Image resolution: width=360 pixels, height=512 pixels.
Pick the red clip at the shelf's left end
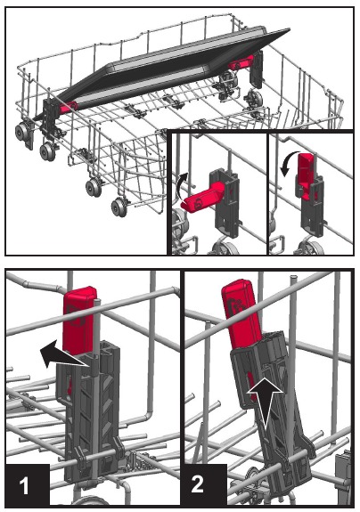point(70,104)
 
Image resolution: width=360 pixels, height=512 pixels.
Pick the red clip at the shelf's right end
point(241,65)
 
